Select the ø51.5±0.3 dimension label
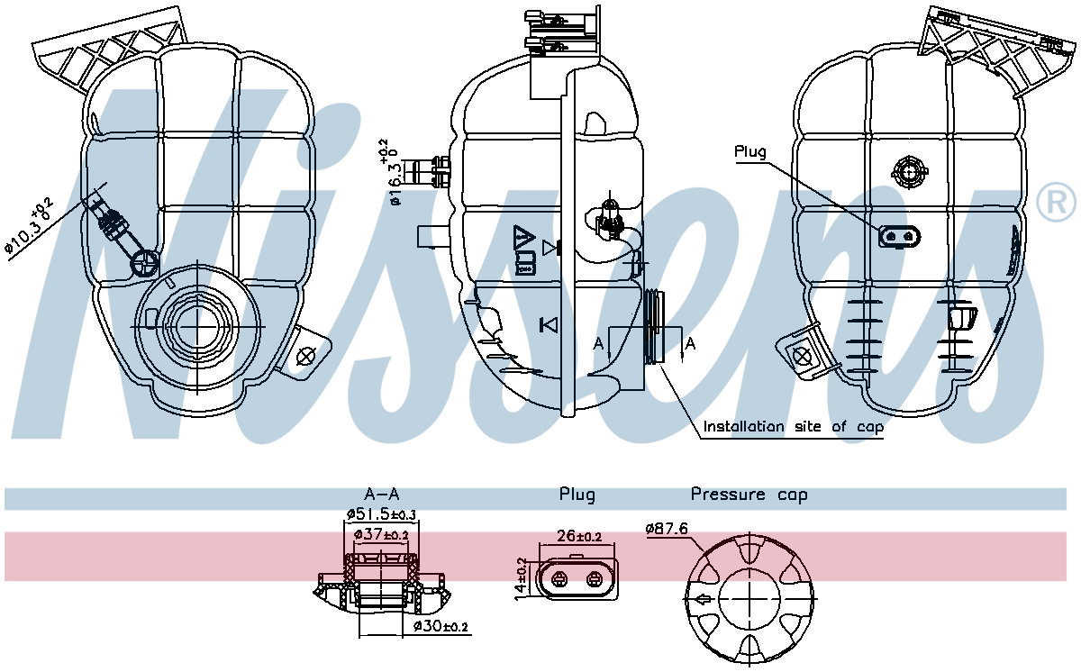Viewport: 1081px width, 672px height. [381, 514]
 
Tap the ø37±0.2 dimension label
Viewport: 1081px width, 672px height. [381, 534]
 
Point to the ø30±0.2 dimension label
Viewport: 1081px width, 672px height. [441, 626]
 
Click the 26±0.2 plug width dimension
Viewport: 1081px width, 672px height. [577, 536]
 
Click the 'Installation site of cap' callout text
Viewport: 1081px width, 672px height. [793, 426]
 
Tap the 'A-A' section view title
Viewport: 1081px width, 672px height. [382, 495]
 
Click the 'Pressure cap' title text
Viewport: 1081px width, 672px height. [749, 495]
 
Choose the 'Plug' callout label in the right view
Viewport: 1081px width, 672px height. [749, 151]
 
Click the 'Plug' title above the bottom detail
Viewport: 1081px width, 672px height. [577, 495]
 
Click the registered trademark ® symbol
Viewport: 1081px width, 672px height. [1055, 202]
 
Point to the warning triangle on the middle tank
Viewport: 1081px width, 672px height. [523, 239]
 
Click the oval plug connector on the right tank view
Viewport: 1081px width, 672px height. [900, 236]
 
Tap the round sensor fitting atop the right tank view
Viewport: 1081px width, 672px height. [909, 170]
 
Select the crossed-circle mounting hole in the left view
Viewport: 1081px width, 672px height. [306, 355]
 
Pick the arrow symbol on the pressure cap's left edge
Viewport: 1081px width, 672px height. [701, 599]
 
